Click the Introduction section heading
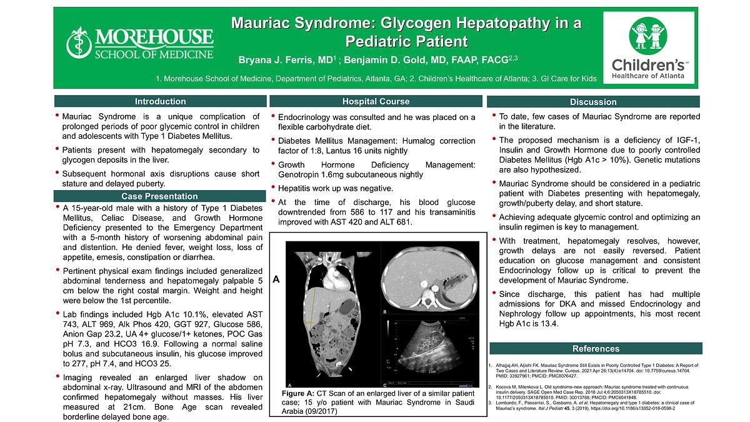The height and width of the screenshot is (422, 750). pos(161,101)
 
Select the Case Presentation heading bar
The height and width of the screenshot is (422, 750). pos(160,196)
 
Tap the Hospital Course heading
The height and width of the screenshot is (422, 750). pos(376,101)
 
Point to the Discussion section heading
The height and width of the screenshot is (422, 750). pos(593,102)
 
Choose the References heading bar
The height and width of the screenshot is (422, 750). pos(596,348)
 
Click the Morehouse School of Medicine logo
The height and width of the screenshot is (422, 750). pos(140,43)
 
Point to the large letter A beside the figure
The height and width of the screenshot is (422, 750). pos(276,281)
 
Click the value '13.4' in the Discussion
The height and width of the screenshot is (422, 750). pos(548,324)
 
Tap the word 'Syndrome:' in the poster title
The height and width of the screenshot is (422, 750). pos(332,24)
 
